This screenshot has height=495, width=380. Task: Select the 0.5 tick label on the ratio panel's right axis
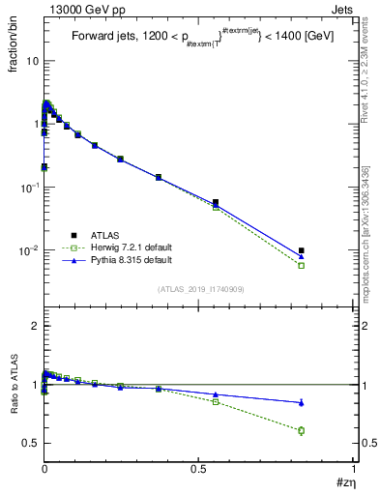365,443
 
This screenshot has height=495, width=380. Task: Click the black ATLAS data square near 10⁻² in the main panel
302,250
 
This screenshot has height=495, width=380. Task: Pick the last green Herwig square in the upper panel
302,265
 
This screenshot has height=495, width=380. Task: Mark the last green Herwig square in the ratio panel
302,430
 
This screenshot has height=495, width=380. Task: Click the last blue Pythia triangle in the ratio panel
302,402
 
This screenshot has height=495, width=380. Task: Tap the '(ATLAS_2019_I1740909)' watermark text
199,289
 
